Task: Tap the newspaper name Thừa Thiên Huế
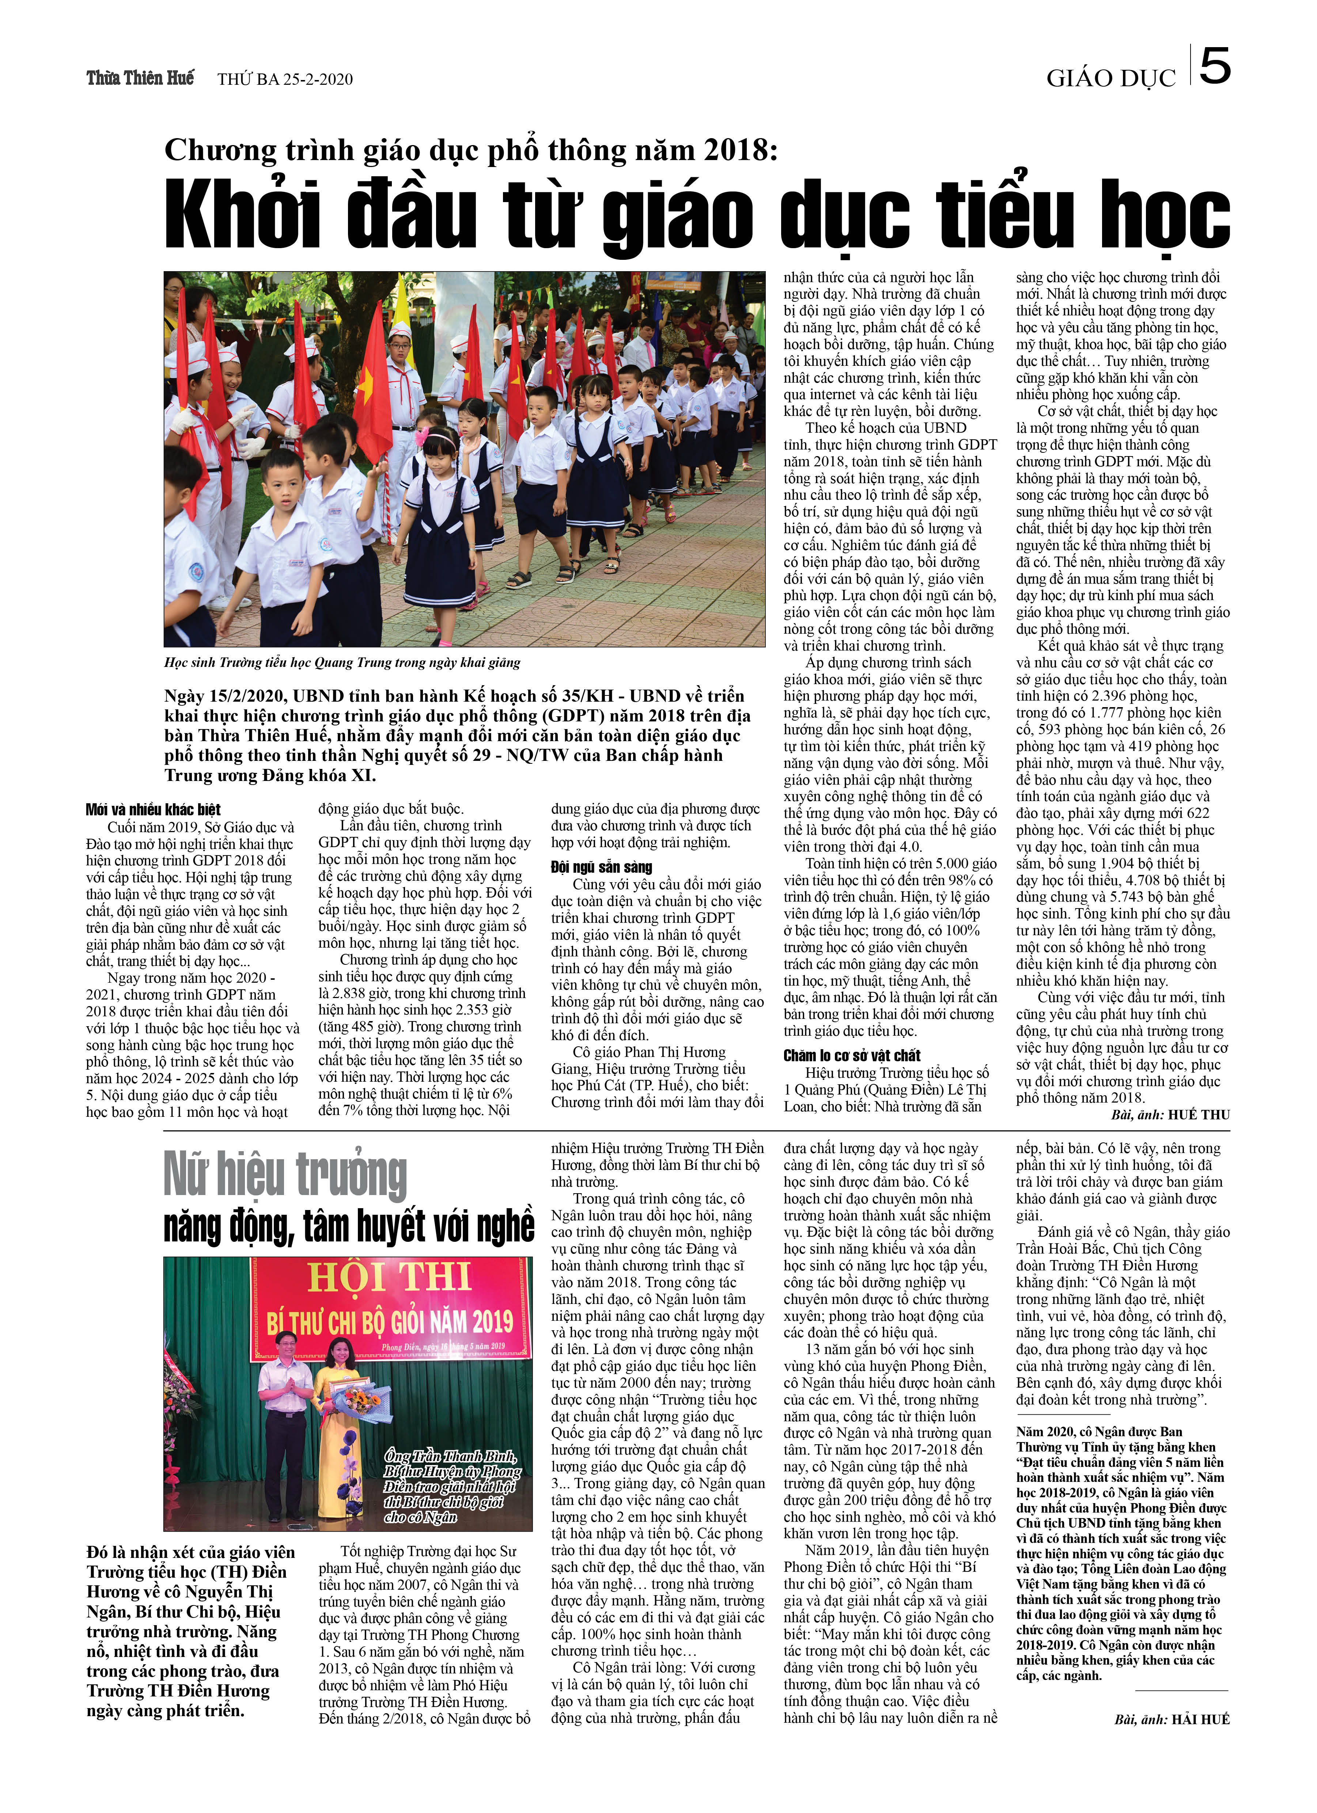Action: pos(140,78)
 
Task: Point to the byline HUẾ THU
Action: pos(1199,1114)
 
